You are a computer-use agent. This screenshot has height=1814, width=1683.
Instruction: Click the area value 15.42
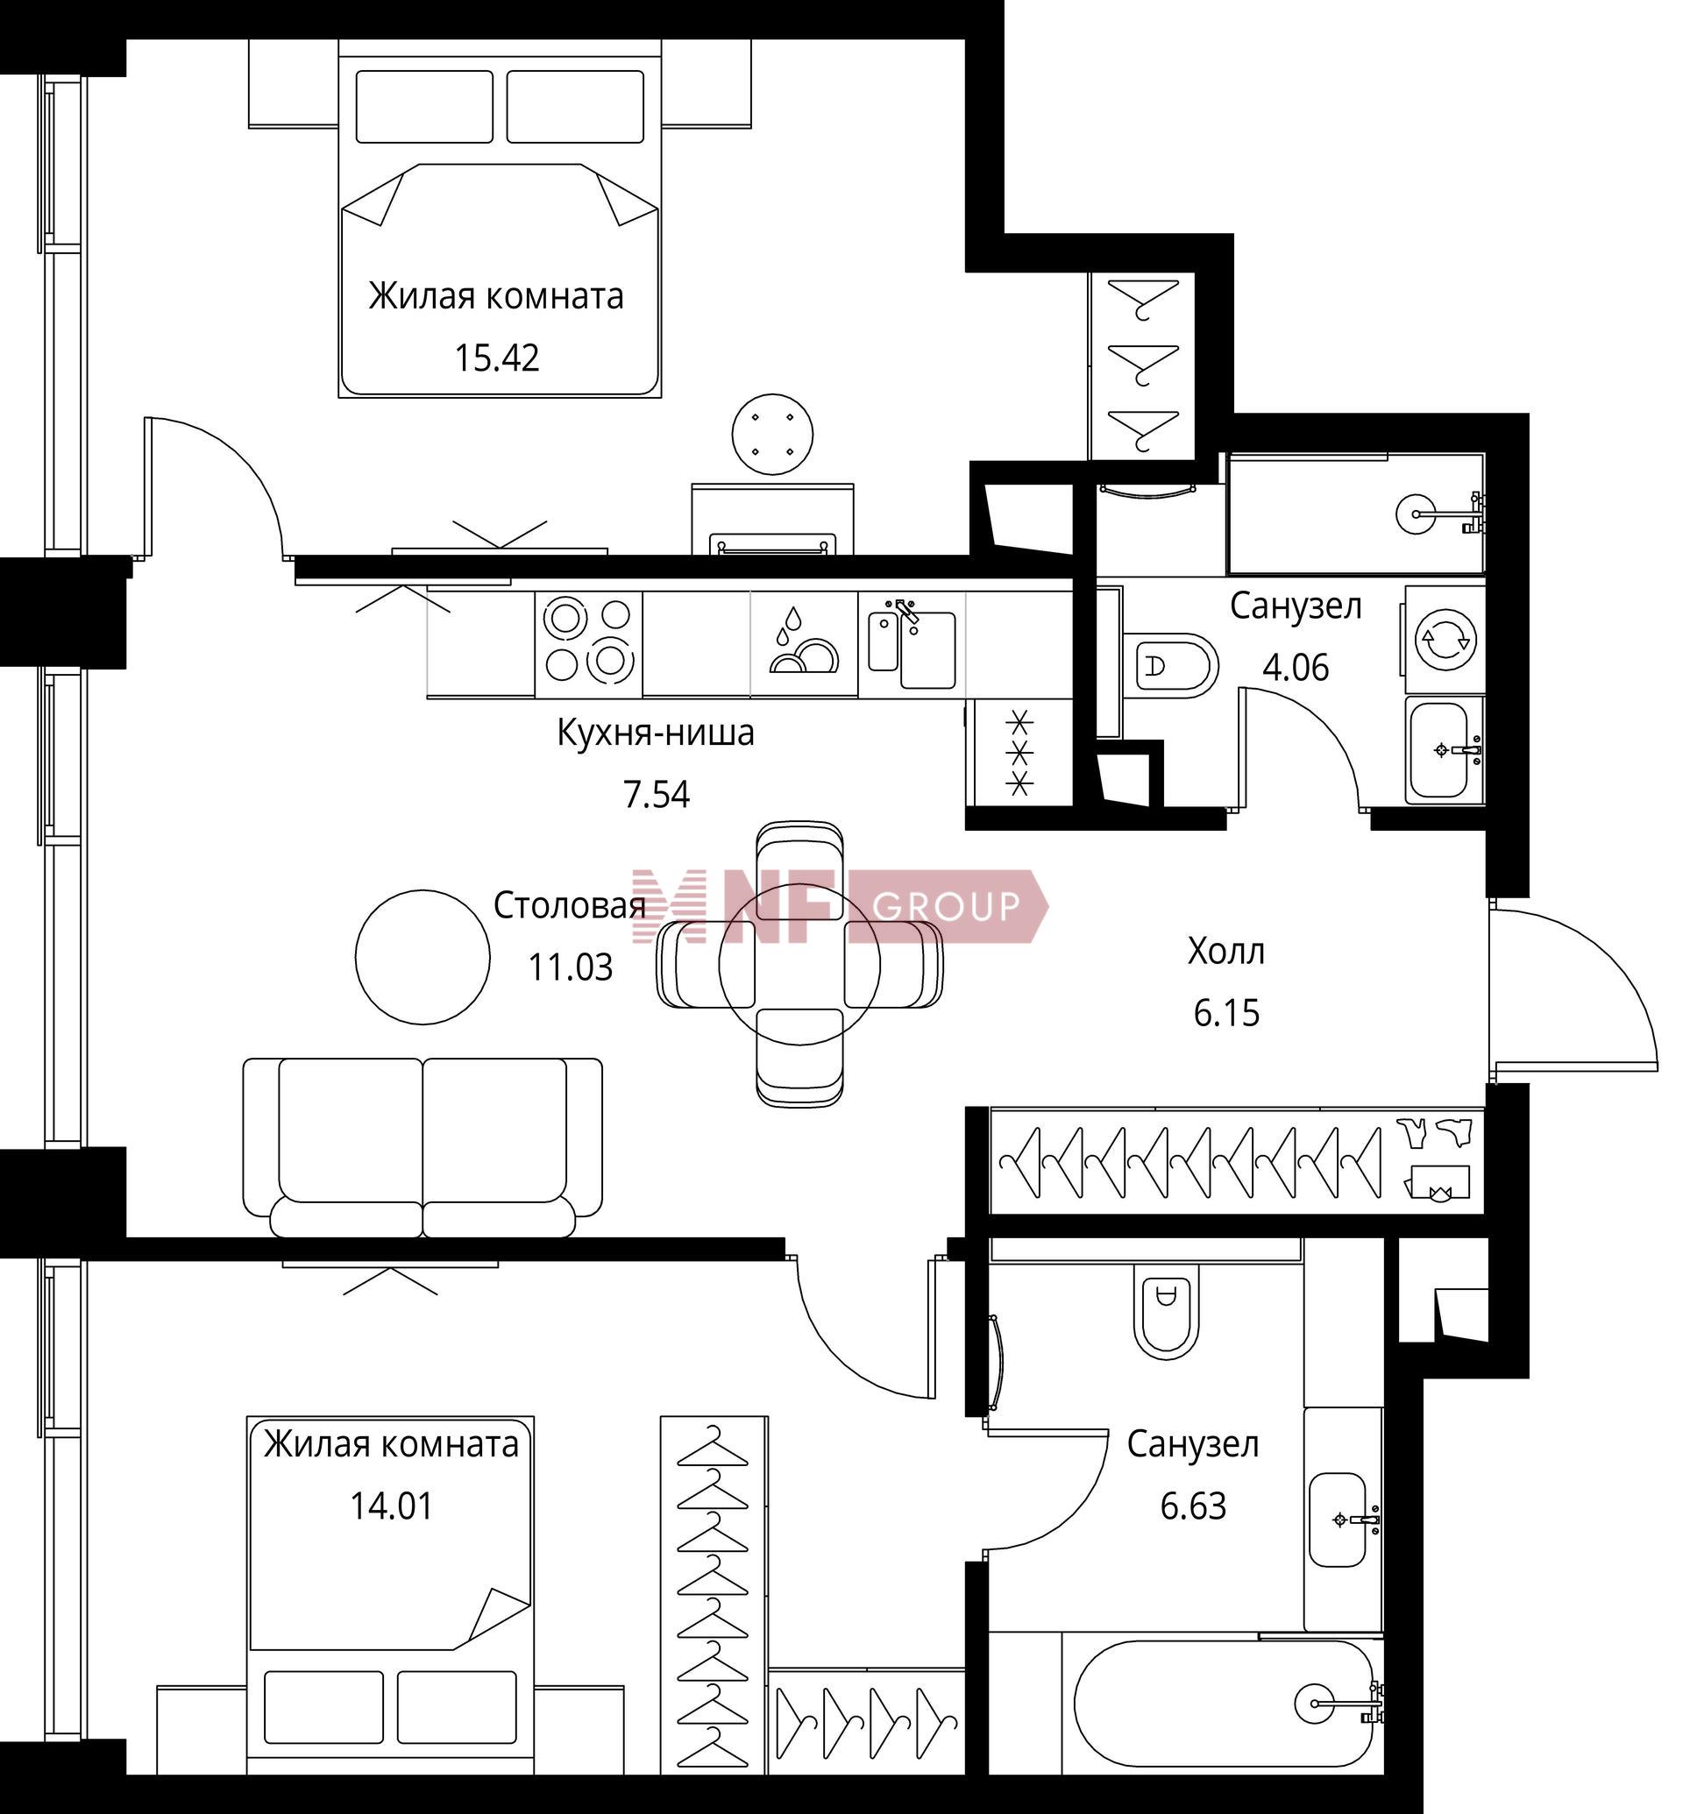click(x=497, y=358)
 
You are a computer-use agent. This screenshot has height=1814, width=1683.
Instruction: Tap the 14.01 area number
click(x=392, y=1506)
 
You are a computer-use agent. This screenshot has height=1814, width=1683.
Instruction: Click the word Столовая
click(x=570, y=905)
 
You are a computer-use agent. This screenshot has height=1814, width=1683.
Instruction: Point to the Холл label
click(x=1225, y=952)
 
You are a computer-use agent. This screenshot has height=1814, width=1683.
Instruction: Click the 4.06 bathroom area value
click(x=1295, y=668)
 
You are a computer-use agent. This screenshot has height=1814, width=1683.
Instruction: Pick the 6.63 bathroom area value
click(x=1193, y=1506)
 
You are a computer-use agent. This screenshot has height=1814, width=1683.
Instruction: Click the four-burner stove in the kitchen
click(x=588, y=644)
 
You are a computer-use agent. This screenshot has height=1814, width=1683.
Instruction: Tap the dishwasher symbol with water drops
click(x=804, y=644)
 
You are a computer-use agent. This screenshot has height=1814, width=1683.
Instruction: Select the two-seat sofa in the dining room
click(x=423, y=1147)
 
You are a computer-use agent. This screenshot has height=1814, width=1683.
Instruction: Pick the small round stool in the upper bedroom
click(x=773, y=435)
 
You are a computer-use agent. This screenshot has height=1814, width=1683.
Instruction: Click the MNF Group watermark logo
click(x=840, y=906)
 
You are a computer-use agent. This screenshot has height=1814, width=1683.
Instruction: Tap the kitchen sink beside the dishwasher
click(x=912, y=644)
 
